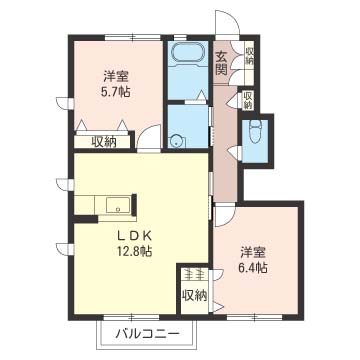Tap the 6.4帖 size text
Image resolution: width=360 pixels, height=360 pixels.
pyautogui.click(x=253, y=268)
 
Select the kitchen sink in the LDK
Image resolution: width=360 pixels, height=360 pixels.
pyautogui.click(x=113, y=207)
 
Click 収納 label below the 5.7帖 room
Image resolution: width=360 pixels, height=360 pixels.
pyautogui.click(x=104, y=141)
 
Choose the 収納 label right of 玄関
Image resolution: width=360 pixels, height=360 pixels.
pyautogui.click(x=248, y=56)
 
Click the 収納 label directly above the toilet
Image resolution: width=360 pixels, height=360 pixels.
pyautogui.click(x=247, y=100)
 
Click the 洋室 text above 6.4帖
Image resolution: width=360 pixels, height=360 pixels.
pyautogui.click(x=253, y=251)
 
